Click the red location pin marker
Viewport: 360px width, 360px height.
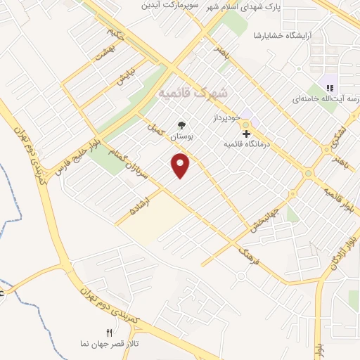click(181, 165)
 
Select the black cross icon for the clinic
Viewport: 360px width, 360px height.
click(246, 133)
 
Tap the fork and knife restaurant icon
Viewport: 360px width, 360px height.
click(108, 332)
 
